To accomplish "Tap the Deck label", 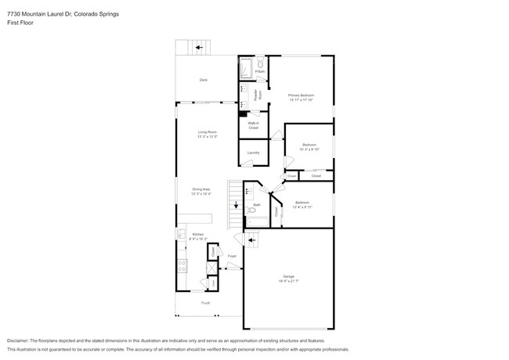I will tap(203, 80).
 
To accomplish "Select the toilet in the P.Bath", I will tap(261, 63).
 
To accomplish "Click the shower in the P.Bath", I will tap(247, 68).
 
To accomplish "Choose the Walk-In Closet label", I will tap(253, 123).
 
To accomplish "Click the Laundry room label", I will tap(253, 152).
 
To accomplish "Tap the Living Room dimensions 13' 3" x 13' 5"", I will tap(207, 137).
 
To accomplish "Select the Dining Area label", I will tap(202, 189).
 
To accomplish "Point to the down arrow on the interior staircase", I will tap(235, 206).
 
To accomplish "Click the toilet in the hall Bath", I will tap(252, 210).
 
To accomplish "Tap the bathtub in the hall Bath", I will tap(257, 221).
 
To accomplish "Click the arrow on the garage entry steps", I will tap(251, 240).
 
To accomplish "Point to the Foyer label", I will tap(232, 256).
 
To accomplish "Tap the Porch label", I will tap(206, 301).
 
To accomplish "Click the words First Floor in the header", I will tap(18, 23).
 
